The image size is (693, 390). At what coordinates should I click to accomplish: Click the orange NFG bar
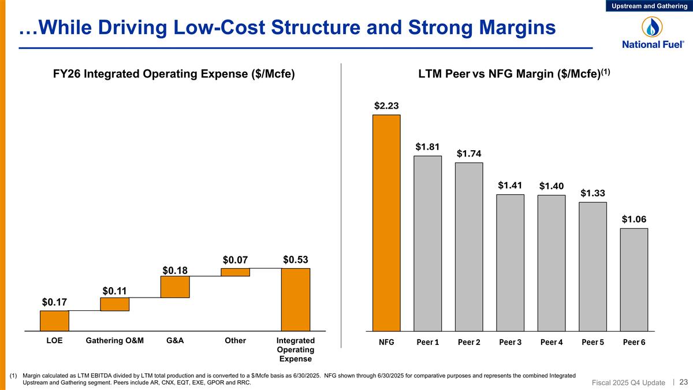tap(386, 222)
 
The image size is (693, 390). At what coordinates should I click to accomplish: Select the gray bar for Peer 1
tap(427, 243)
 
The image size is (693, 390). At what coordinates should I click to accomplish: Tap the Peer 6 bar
tap(634, 280)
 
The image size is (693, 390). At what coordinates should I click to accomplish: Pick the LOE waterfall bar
tap(54, 321)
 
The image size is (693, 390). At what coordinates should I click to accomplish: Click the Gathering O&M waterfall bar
tap(114, 304)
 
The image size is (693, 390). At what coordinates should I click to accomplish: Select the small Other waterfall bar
tap(235, 272)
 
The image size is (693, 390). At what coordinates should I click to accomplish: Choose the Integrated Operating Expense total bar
tap(295, 299)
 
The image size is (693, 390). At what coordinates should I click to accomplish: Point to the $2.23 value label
tap(386, 105)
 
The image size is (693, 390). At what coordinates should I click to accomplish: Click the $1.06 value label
tap(634, 219)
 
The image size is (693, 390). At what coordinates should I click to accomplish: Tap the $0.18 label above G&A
tap(174, 270)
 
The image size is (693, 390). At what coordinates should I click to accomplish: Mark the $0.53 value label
tap(295, 259)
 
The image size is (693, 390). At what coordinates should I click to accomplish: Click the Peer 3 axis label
tap(510, 342)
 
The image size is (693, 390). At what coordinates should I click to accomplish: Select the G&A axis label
tap(174, 341)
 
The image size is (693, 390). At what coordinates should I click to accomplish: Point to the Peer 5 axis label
tap(593, 342)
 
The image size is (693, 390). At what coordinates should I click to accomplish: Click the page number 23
tap(684, 381)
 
